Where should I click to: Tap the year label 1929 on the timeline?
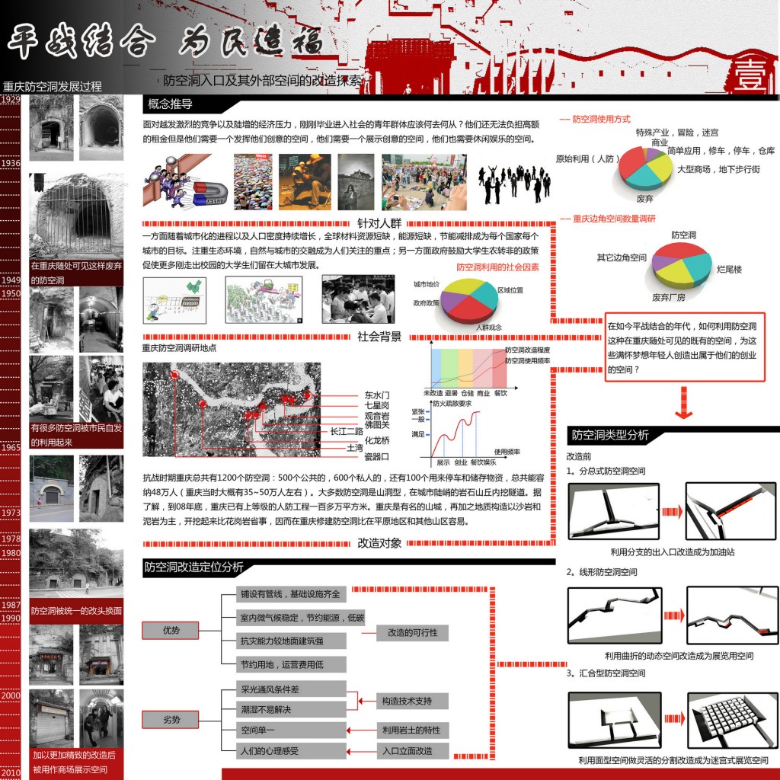pyautogui.click(x=11, y=99)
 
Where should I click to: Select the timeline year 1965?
pyautogui.click(x=11, y=447)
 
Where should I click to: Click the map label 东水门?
pyautogui.click(x=376, y=395)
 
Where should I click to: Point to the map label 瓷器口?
pyautogui.click(x=376, y=456)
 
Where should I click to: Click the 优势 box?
pyautogui.click(x=171, y=631)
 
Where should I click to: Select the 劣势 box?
pyautogui.click(x=171, y=720)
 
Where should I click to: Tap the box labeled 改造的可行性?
pyautogui.click(x=412, y=632)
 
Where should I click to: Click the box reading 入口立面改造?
pyautogui.click(x=412, y=751)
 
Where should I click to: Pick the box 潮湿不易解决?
pyautogui.click(x=266, y=710)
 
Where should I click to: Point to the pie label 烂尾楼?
pyautogui.click(x=729, y=270)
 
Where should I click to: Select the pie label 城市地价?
pyautogui.click(x=427, y=284)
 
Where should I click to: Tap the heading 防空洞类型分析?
pyautogui.click(x=609, y=436)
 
